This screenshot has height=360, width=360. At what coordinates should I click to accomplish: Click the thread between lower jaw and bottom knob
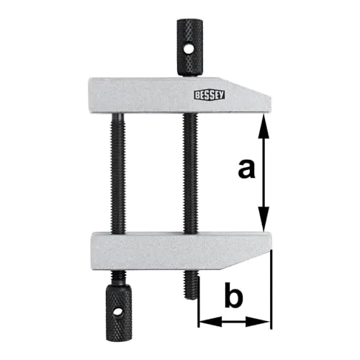[x=117, y=276]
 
